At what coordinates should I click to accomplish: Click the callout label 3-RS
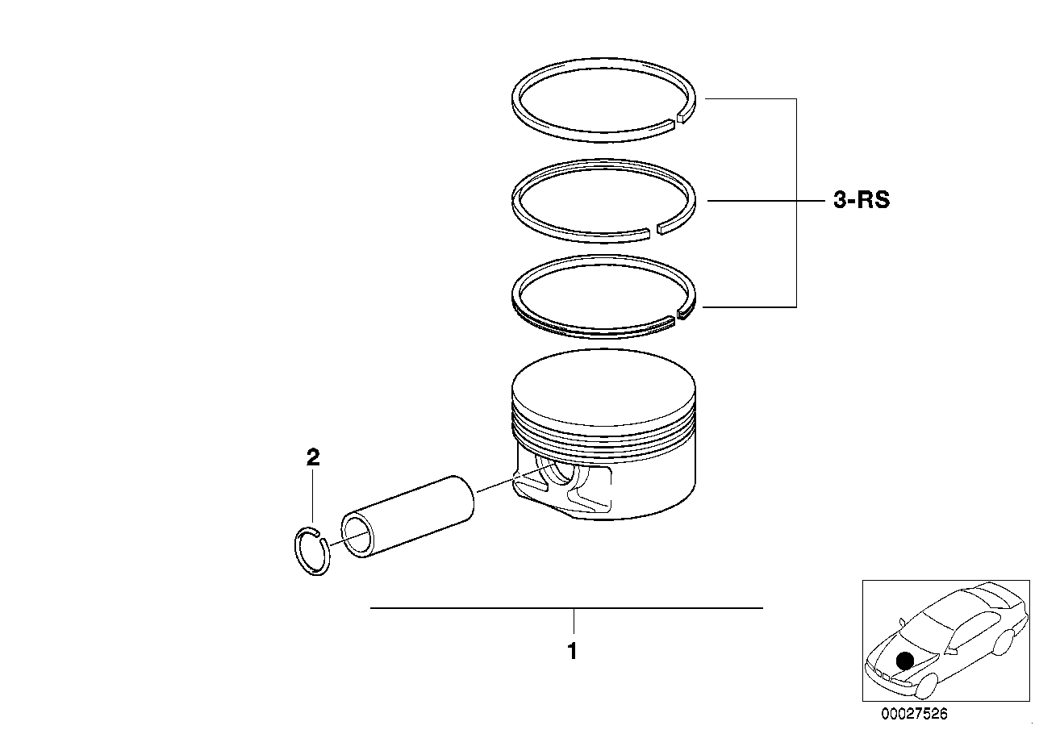click(x=862, y=200)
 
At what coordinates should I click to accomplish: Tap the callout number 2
click(x=313, y=458)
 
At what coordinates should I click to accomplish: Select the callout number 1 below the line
click(x=572, y=651)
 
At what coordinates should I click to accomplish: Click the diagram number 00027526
click(x=914, y=714)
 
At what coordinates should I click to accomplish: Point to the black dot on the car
click(x=905, y=661)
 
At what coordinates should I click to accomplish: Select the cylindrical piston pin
click(x=411, y=517)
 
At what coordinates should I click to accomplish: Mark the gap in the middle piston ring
click(x=653, y=231)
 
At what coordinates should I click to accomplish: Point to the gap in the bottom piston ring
click(x=676, y=318)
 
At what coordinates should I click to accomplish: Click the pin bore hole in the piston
click(x=557, y=479)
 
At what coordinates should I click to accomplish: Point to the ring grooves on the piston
click(x=603, y=428)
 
